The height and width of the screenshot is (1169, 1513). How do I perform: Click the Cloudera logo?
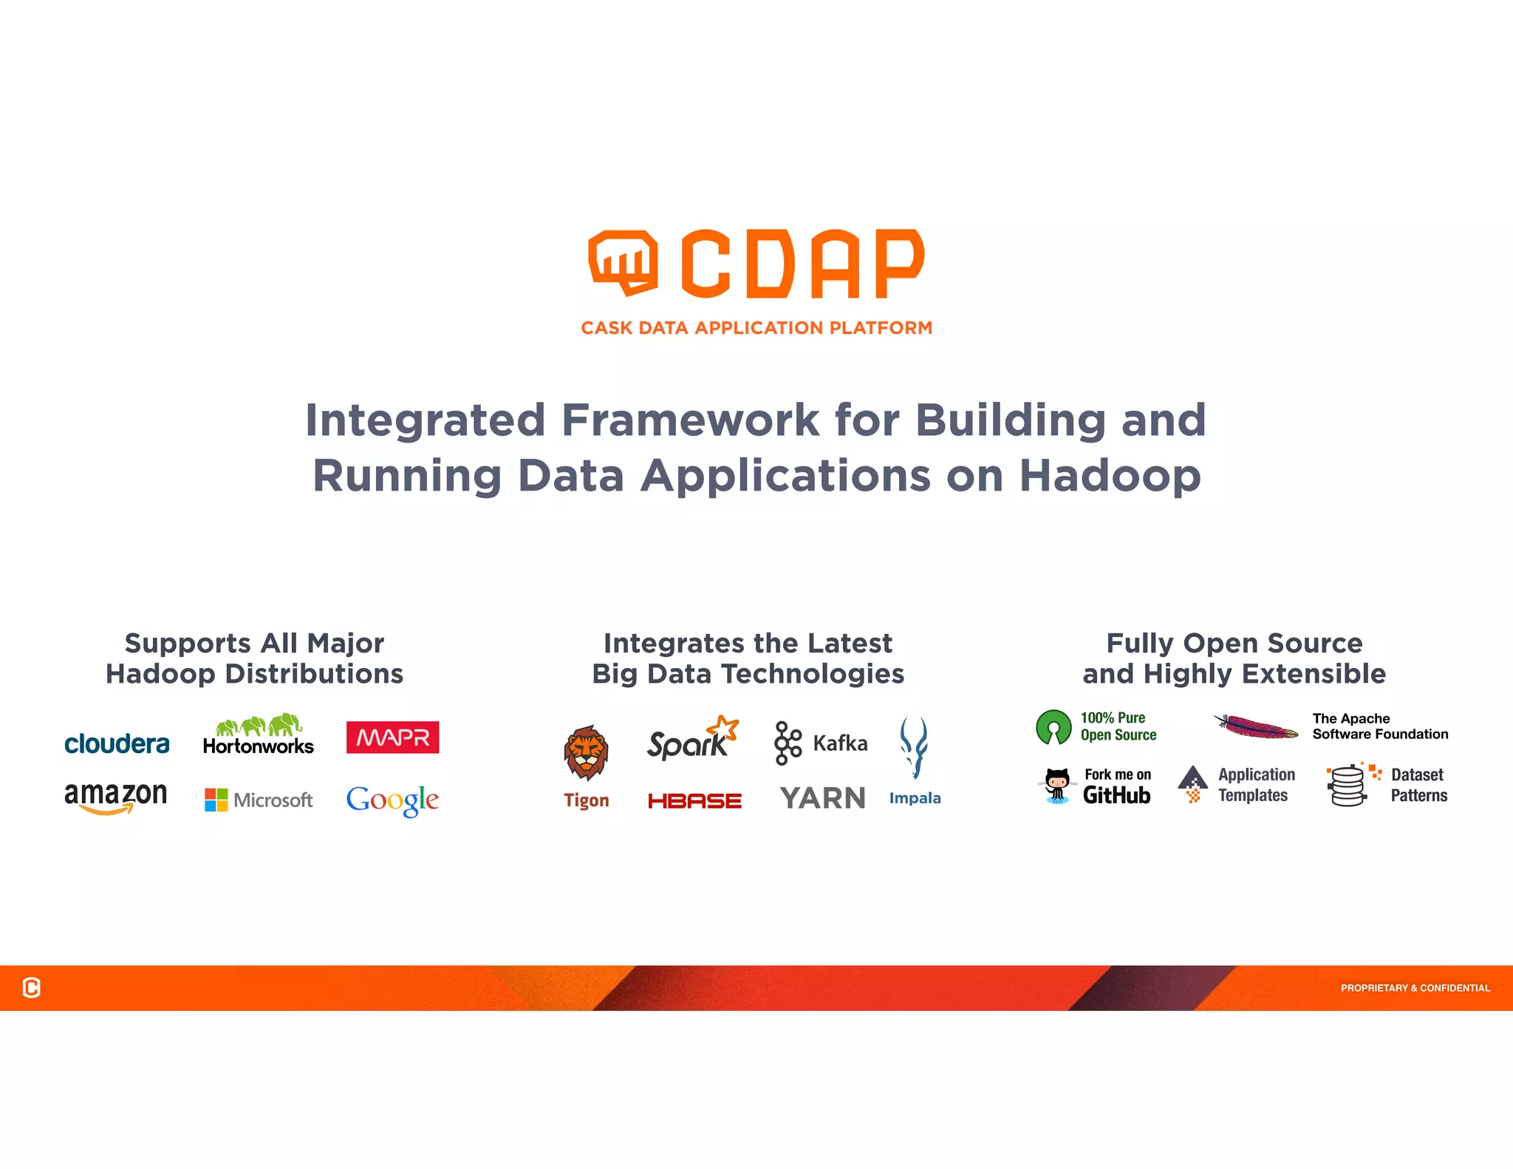[x=117, y=743]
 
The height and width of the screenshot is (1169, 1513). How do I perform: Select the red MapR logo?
[x=392, y=737]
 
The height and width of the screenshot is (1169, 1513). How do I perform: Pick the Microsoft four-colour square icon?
[x=216, y=800]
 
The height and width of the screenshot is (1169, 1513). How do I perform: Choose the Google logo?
[x=392, y=800]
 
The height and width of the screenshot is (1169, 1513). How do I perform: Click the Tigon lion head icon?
[x=586, y=753]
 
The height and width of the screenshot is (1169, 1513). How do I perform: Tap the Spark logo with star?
[x=692, y=738]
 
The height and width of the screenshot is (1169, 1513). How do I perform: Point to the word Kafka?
[x=840, y=743]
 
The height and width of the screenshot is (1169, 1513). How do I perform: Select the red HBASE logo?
[x=694, y=801]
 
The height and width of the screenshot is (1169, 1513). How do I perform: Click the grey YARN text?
[x=822, y=799]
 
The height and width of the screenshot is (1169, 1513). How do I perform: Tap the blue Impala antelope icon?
[x=914, y=747]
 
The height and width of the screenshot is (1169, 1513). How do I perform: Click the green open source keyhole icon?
[x=1053, y=727]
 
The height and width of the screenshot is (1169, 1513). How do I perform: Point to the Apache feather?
[x=1255, y=726]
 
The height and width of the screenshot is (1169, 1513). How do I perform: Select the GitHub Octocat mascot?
[x=1057, y=785]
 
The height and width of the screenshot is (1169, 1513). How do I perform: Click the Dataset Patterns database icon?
[x=1348, y=785]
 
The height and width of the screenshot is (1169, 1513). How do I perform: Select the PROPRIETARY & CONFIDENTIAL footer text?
[x=1415, y=988]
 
